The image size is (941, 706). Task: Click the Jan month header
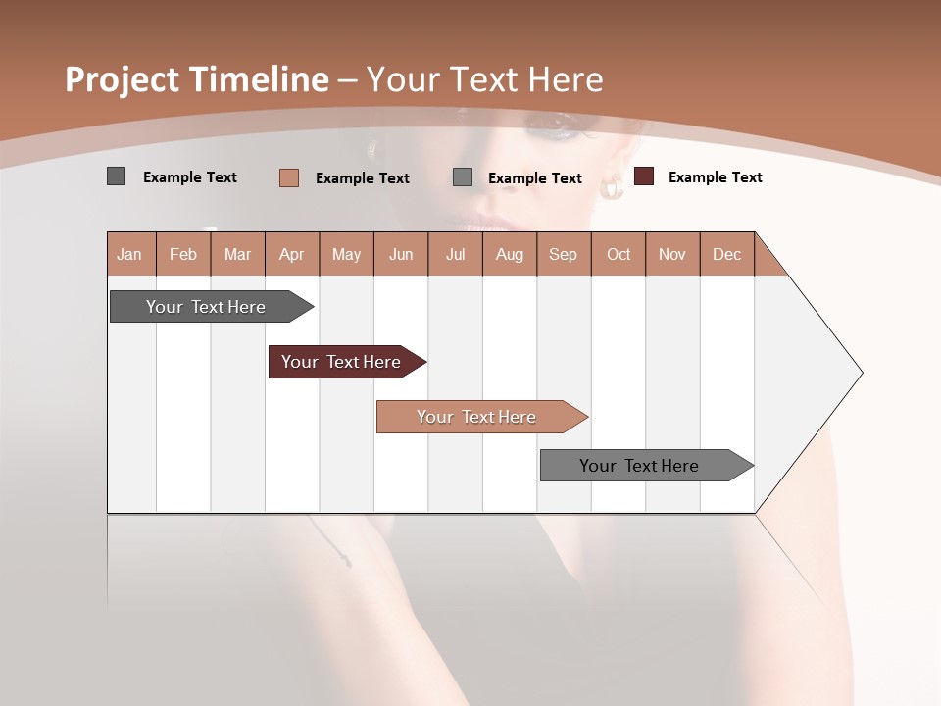(130, 255)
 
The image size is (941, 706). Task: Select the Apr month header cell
(292, 255)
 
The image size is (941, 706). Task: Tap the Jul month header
(455, 255)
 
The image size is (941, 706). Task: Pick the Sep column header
(563, 255)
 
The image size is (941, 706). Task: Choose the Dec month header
(726, 255)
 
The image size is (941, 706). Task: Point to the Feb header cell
(183, 255)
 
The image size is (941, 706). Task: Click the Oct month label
(619, 255)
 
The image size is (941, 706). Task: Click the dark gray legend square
(116, 176)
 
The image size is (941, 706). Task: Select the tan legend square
(288, 177)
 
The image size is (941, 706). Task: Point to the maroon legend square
(643, 176)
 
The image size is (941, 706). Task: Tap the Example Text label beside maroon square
(715, 177)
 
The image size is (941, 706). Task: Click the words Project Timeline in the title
(196, 79)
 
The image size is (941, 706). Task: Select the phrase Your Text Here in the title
(484, 79)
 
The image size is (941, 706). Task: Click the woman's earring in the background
(613, 187)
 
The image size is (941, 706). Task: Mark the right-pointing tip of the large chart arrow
(861, 373)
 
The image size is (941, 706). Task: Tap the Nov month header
(671, 255)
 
